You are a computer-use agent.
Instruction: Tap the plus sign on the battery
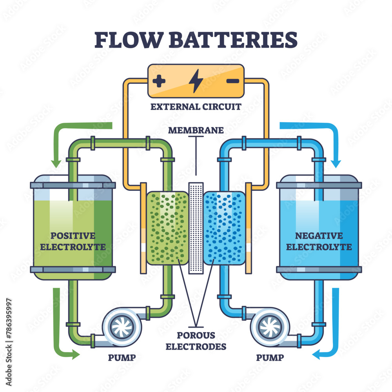click(159, 82)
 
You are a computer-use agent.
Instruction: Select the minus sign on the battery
click(232, 81)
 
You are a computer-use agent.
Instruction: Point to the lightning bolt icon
click(196, 81)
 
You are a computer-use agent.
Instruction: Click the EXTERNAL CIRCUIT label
click(196, 107)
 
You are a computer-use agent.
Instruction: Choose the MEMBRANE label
click(196, 130)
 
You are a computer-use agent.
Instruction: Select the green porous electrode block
click(167, 227)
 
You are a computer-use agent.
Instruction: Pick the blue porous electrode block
click(225, 227)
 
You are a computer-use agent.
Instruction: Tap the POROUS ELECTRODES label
click(196, 341)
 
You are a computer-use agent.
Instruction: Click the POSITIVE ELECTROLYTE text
click(73, 241)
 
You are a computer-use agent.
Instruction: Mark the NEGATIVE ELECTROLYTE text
click(319, 241)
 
